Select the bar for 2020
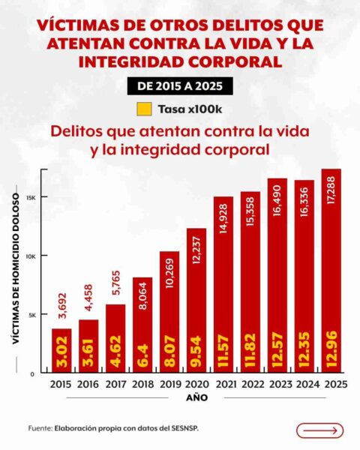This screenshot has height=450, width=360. [x=196, y=300]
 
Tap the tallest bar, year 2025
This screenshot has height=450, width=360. [x=331, y=270]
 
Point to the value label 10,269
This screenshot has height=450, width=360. [x=169, y=276]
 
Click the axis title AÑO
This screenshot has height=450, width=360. [x=196, y=397]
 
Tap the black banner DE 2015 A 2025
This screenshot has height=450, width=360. [x=180, y=86]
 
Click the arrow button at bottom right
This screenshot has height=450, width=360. [x=319, y=430]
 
